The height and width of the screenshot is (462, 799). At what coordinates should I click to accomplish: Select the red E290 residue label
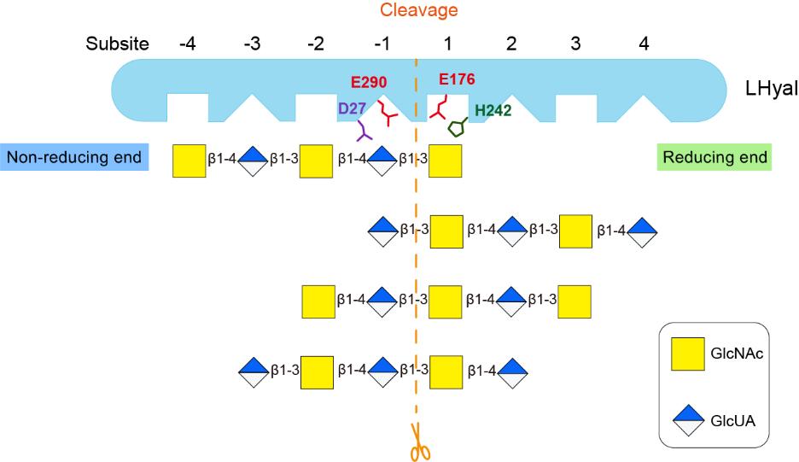point(369,83)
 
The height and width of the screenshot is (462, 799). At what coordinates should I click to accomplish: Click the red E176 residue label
point(456,79)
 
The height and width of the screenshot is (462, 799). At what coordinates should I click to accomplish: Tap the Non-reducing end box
point(75,158)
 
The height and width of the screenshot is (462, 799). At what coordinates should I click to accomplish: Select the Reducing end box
point(714,158)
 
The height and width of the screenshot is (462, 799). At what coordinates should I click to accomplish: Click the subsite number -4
point(189,43)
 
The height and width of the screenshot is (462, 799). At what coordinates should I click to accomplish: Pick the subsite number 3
point(577,43)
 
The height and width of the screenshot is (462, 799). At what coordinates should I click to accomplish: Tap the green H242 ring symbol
point(457,127)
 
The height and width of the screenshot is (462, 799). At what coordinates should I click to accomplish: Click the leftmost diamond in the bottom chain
point(254,371)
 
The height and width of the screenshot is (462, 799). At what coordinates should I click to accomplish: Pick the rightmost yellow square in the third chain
point(575,301)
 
